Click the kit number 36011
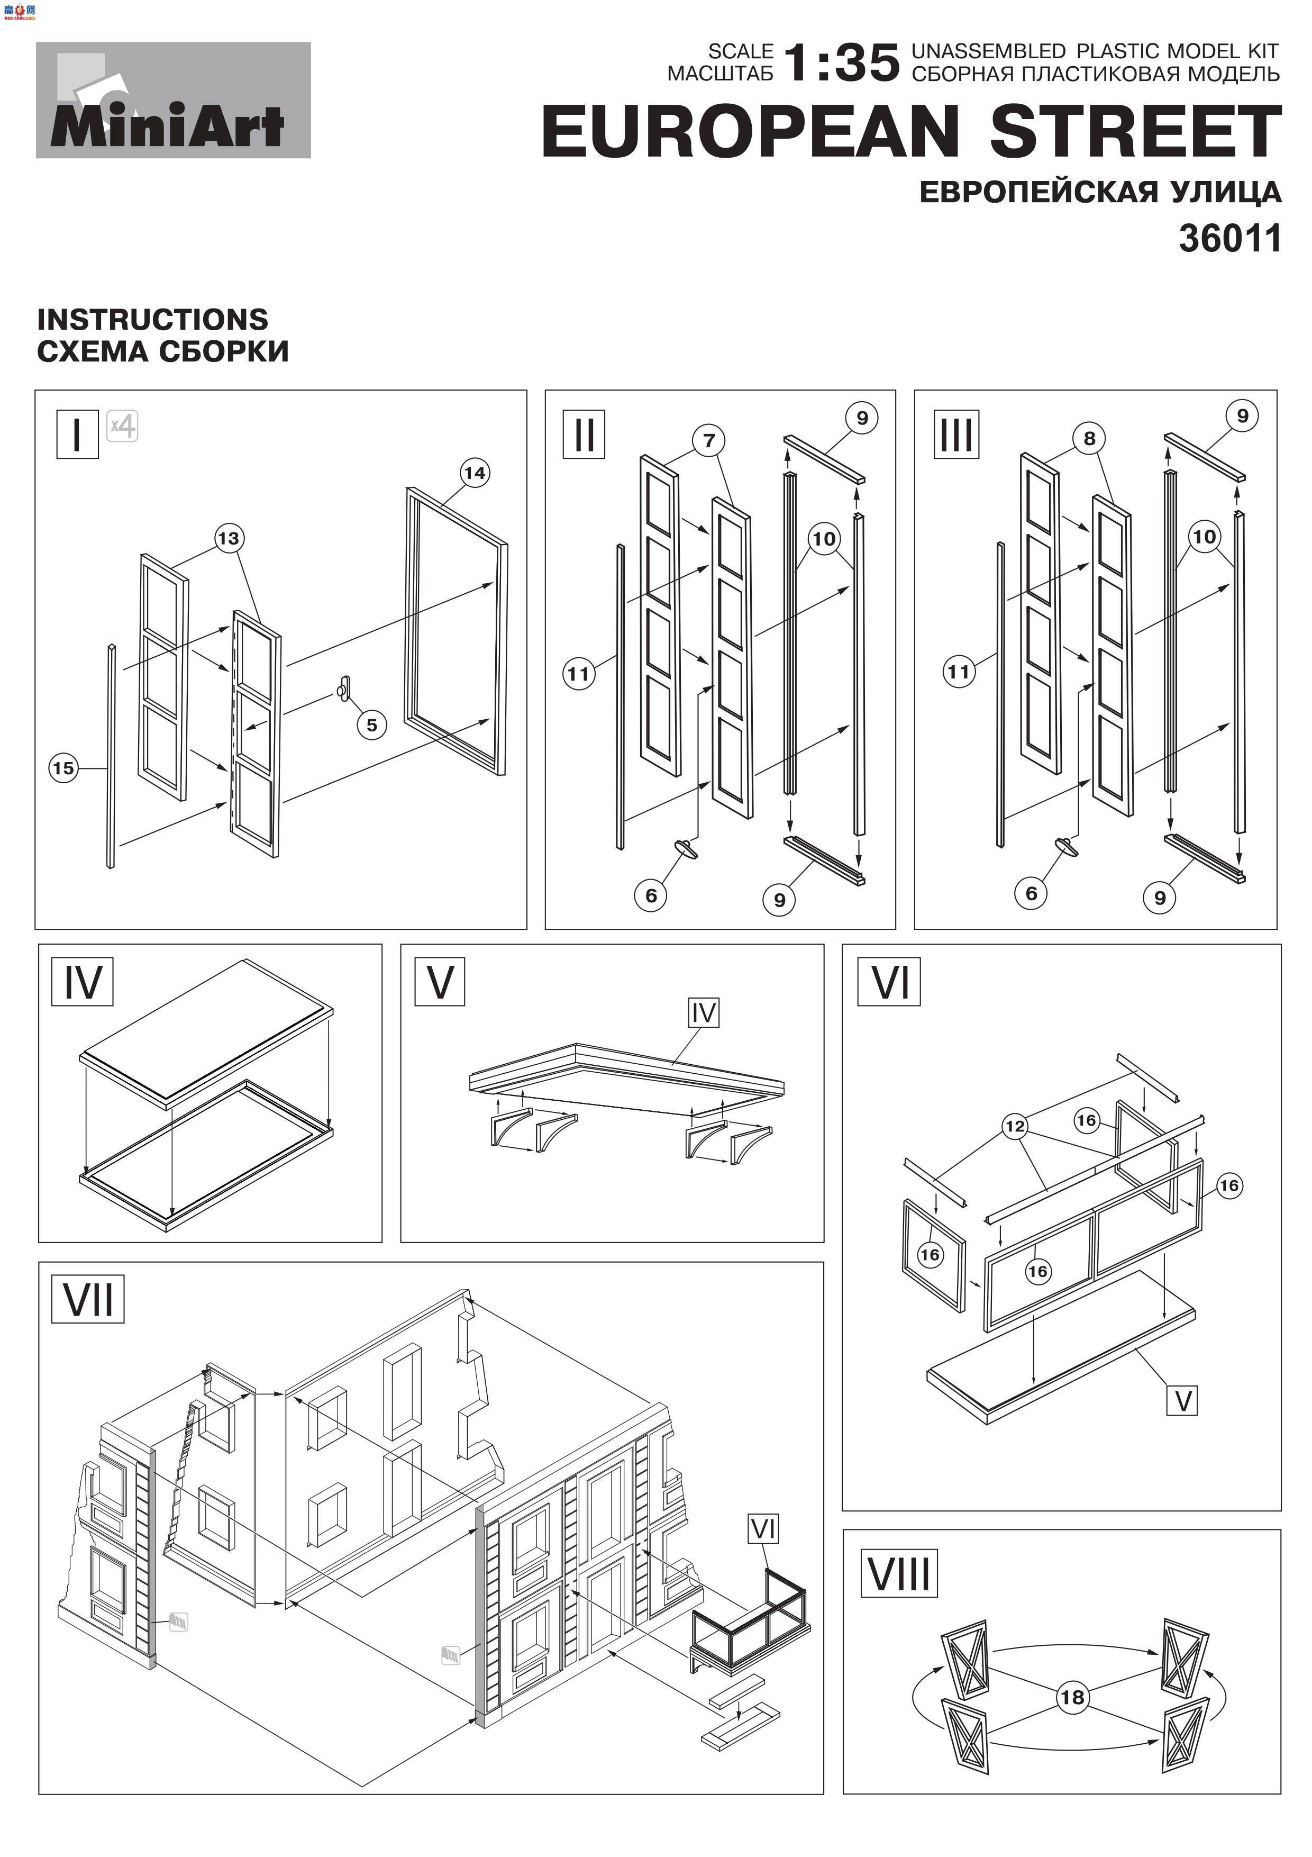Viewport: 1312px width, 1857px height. [x=1229, y=239]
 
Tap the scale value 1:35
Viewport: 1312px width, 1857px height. [x=842, y=63]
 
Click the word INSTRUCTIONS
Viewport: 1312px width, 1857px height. [x=153, y=320]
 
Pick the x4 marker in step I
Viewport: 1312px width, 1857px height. [x=123, y=425]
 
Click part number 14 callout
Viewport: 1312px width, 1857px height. [x=475, y=473]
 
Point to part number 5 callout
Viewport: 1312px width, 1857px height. [x=372, y=724]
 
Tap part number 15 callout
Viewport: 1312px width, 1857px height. [x=63, y=768]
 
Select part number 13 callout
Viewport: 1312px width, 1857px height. [x=229, y=538]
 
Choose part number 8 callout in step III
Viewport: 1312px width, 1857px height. [x=1089, y=438]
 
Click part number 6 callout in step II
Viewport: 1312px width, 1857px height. [x=651, y=895]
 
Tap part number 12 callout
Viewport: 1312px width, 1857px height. [x=1015, y=1126]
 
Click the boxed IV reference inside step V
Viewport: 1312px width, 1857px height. [x=703, y=1012]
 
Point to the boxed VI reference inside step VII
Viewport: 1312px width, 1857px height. [x=763, y=1529]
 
